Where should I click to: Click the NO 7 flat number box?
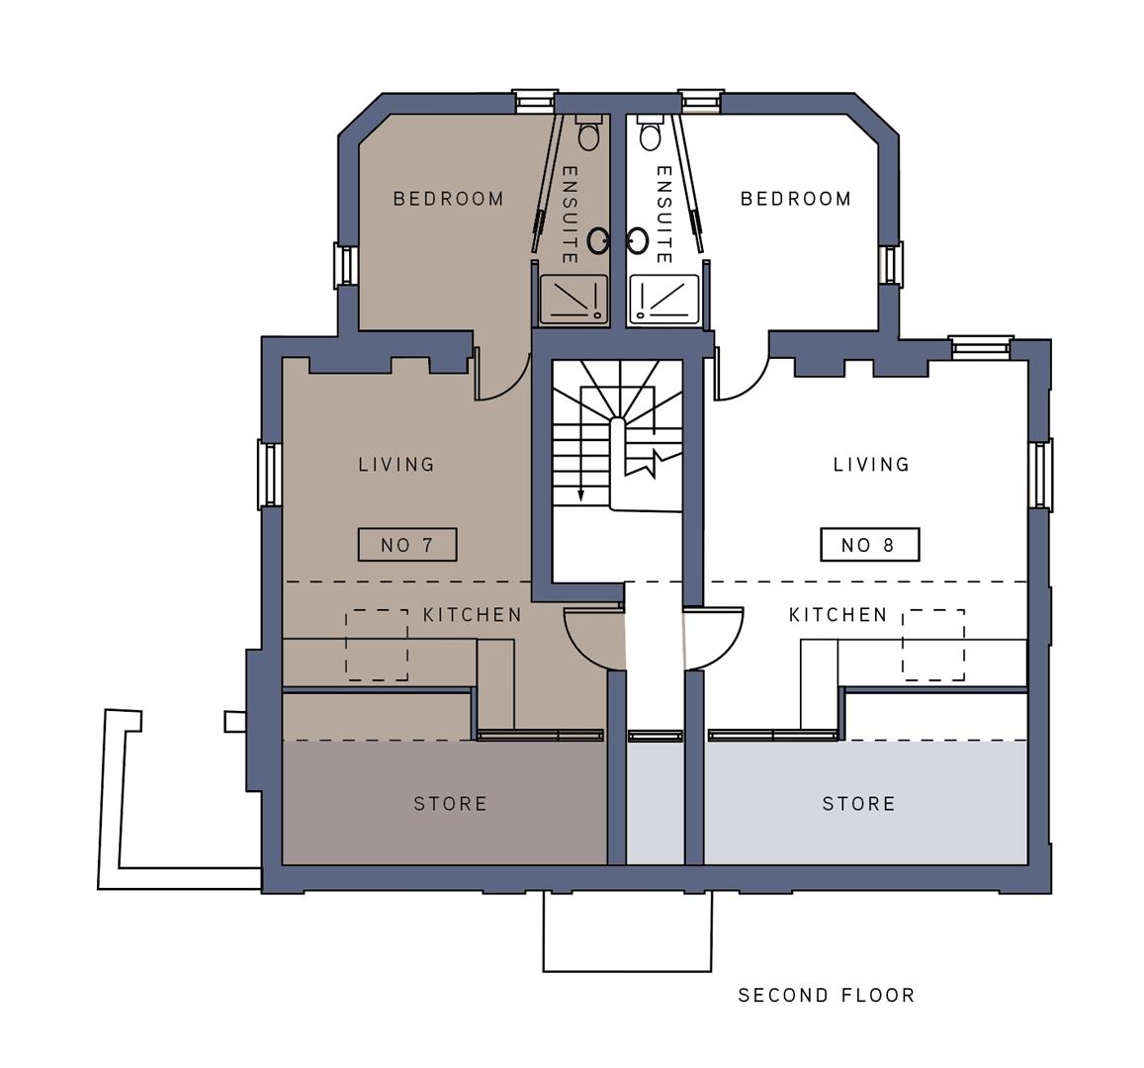pyautogui.click(x=407, y=545)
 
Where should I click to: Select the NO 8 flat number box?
pyautogui.click(x=870, y=545)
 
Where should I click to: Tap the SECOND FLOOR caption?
pyautogui.click(x=827, y=996)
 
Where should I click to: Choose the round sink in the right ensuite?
pyautogui.click(x=639, y=239)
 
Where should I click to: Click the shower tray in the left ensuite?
pyautogui.click(x=573, y=300)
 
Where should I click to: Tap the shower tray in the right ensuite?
pyautogui.click(x=664, y=300)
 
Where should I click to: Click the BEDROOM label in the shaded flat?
pyautogui.click(x=449, y=199)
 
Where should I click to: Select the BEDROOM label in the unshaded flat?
pyautogui.click(x=796, y=199)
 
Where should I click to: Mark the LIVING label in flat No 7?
pyautogui.click(x=396, y=464)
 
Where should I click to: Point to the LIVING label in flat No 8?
pyautogui.click(x=871, y=464)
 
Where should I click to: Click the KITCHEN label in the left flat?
pyautogui.click(x=473, y=615)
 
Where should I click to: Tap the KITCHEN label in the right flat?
pyautogui.click(x=838, y=615)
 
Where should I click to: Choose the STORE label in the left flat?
pyautogui.click(x=450, y=804)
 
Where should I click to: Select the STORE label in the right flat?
pyautogui.click(x=859, y=804)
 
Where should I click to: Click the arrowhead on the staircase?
pyautogui.click(x=581, y=494)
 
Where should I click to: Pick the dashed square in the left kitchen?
pyautogui.click(x=377, y=645)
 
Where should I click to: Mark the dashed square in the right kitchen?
pyautogui.click(x=933, y=645)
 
